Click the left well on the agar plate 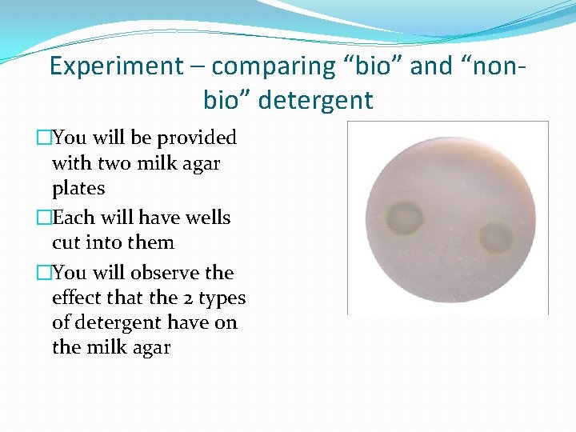click(406, 216)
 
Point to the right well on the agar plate click(496, 237)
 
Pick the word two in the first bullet click(111, 163)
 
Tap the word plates click(78, 189)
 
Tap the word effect click(76, 298)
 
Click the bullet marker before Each click(44, 218)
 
